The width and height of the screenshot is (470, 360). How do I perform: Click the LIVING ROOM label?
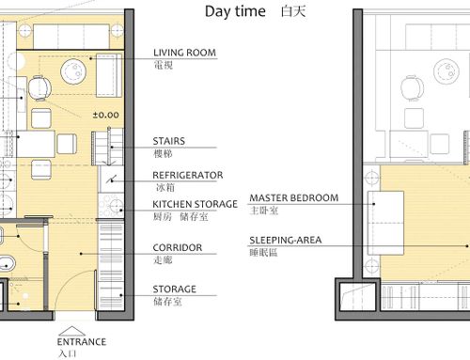click(184, 53)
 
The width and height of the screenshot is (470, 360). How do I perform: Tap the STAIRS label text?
click(169, 141)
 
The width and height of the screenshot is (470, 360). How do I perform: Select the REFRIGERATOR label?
click(188, 175)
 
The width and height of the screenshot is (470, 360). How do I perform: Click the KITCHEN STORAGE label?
click(195, 204)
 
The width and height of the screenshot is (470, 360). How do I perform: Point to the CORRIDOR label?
click(178, 247)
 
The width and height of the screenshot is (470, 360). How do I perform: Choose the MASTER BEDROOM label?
click(294, 198)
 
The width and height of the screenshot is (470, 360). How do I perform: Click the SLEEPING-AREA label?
click(286, 241)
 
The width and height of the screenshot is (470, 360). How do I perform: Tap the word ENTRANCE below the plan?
click(82, 341)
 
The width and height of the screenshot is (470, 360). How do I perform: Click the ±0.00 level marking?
click(106, 115)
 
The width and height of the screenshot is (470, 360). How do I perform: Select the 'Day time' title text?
click(235, 11)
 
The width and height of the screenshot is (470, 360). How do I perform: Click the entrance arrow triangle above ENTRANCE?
click(71, 331)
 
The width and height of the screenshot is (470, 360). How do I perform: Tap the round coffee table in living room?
click(73, 71)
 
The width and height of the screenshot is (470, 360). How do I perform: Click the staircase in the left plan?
click(107, 147)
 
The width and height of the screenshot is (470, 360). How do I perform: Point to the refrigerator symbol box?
click(112, 180)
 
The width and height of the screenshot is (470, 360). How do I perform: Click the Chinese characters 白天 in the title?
click(293, 12)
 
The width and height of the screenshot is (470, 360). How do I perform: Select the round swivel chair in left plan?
click(39, 88)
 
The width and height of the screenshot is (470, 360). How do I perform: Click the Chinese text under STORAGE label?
click(167, 302)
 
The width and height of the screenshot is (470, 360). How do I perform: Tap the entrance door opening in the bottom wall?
click(75, 316)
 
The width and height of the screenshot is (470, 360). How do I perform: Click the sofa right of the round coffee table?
click(109, 75)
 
